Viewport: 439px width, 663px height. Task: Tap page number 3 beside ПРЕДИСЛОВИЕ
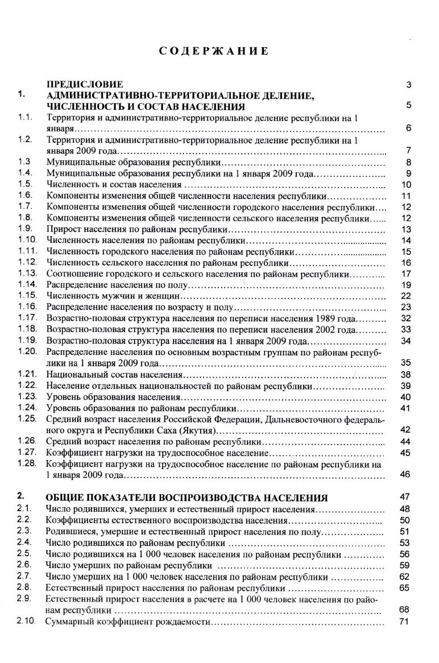408,85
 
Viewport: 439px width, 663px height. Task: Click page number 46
405,474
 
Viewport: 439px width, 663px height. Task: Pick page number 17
405,274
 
